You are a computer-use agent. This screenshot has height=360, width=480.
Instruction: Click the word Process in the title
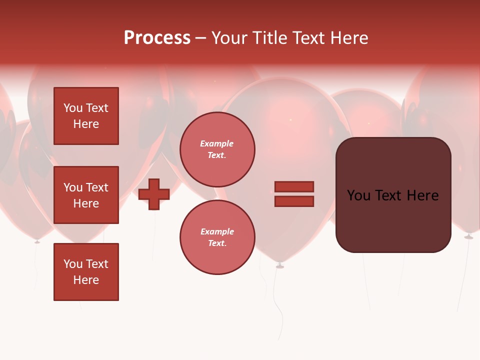click(157, 38)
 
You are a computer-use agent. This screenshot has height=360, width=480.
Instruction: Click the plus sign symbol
click(154, 194)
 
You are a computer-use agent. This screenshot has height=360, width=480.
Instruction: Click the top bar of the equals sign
click(294, 187)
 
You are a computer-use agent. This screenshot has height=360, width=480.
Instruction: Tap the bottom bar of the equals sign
click(294, 201)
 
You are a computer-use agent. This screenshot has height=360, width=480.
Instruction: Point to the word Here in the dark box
click(422, 195)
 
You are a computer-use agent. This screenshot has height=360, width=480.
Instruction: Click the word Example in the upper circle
click(217, 144)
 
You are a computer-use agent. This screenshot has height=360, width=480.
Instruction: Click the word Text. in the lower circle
click(217, 243)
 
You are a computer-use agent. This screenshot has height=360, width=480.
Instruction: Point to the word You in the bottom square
click(73, 264)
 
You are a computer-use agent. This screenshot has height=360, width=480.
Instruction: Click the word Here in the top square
click(86, 124)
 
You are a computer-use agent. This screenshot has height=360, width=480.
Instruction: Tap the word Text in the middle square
click(97, 187)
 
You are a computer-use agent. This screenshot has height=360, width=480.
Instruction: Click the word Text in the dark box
click(388, 195)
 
